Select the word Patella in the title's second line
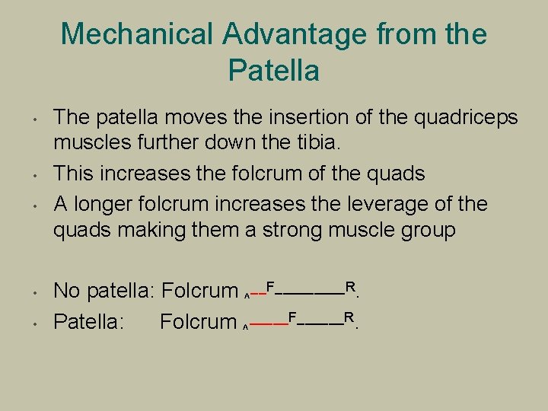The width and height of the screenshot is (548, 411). (x=273, y=71)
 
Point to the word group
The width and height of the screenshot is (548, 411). (x=426, y=229)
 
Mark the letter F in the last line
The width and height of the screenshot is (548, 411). (x=292, y=318)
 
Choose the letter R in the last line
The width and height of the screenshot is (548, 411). (x=349, y=318)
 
